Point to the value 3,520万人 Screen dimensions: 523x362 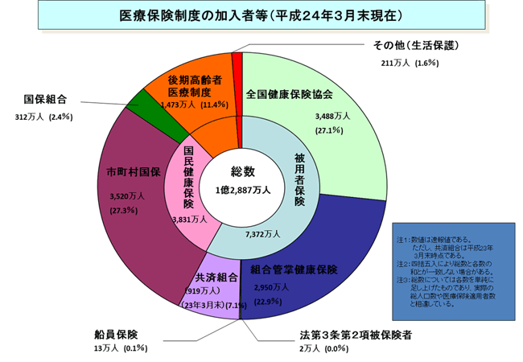click(127, 195)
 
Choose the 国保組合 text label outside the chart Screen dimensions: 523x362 click(44, 100)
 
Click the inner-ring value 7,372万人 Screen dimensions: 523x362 click(262, 234)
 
